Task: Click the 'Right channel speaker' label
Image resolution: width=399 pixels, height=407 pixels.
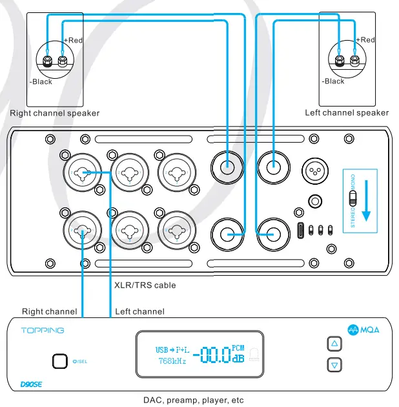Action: [x=55, y=113]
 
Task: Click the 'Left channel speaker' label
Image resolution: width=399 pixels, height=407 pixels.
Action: [x=347, y=112]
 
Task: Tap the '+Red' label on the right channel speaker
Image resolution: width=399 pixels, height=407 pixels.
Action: [x=74, y=40]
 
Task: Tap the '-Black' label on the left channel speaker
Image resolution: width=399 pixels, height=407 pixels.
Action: [x=333, y=81]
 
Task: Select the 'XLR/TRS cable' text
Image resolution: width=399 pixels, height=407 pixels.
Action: [x=145, y=285]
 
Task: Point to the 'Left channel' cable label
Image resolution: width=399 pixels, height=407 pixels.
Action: [x=139, y=311]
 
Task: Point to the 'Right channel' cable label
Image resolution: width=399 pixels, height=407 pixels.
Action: [x=50, y=311]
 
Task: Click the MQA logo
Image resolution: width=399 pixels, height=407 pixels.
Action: [x=361, y=328]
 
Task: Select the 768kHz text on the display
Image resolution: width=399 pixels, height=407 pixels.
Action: [x=171, y=360]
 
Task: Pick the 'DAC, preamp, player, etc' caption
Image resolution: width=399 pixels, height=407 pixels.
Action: [x=193, y=400]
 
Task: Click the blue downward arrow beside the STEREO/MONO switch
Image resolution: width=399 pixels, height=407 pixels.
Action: [x=367, y=201]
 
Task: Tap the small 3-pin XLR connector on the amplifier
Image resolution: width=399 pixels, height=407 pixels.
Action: [x=316, y=171]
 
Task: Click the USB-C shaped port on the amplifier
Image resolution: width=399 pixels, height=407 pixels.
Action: [x=302, y=230]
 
